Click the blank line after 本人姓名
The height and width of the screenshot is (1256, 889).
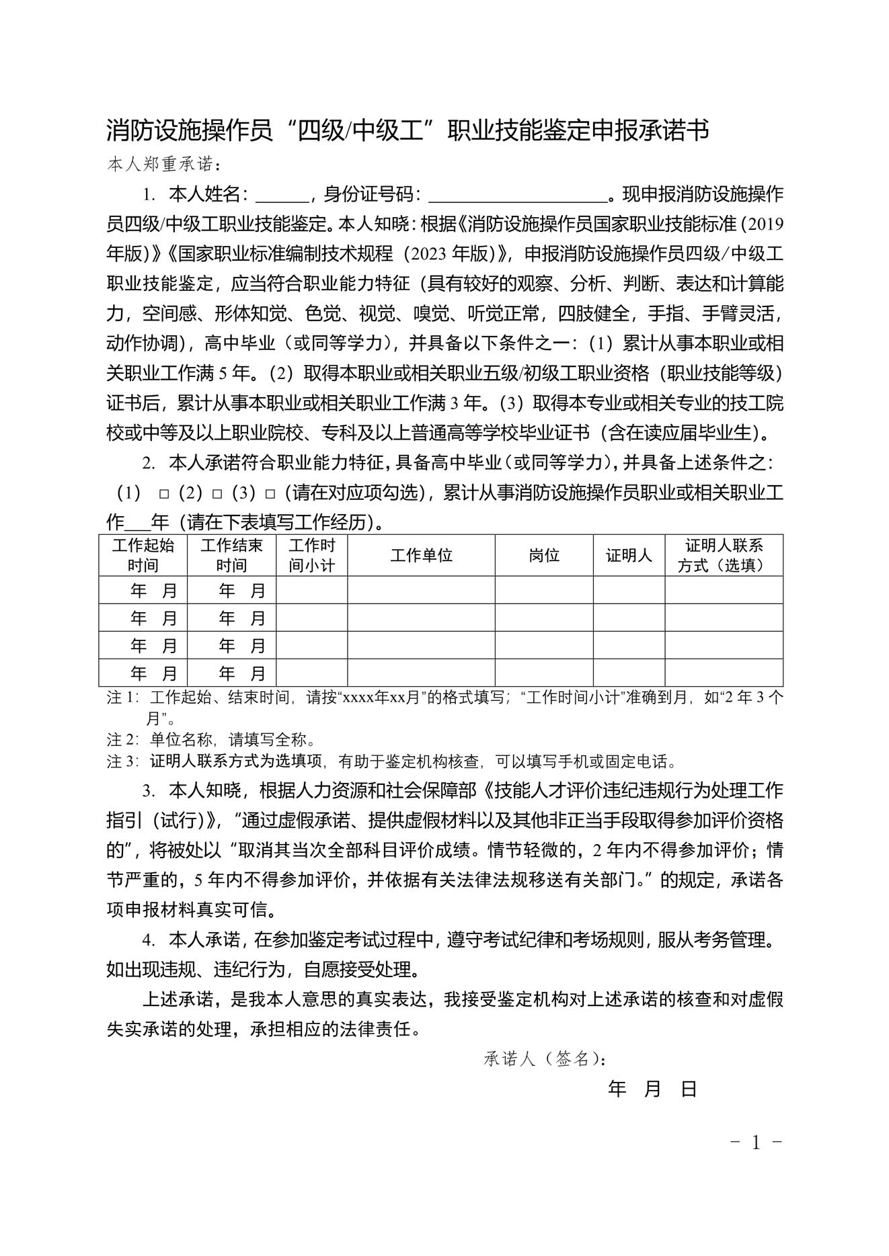[x=282, y=196]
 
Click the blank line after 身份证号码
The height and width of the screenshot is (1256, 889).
[x=517, y=196]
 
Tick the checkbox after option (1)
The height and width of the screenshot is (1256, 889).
[x=163, y=494]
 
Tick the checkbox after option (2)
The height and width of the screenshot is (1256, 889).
[x=217, y=494]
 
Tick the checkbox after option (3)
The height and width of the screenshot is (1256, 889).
[x=270, y=494]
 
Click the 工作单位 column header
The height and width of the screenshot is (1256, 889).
[x=421, y=556]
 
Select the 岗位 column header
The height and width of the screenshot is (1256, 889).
[x=544, y=556]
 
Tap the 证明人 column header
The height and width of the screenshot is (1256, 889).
[x=629, y=556]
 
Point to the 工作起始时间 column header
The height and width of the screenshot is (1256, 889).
[x=143, y=556]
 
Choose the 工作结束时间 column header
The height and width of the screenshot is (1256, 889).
[x=231, y=556]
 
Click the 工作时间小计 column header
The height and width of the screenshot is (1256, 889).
[x=311, y=556]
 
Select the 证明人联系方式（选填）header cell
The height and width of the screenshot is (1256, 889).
[x=724, y=556]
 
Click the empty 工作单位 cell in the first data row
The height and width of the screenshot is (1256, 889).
[x=421, y=590]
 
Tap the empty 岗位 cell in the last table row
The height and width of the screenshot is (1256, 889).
[x=544, y=673]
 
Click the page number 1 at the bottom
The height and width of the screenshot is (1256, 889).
[x=756, y=1142]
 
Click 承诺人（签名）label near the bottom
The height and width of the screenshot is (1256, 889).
[x=544, y=1060]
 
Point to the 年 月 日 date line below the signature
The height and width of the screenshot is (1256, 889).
[x=652, y=1089]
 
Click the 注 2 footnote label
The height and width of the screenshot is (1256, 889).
[x=122, y=740]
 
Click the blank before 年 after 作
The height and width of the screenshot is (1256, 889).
[x=139, y=523]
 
